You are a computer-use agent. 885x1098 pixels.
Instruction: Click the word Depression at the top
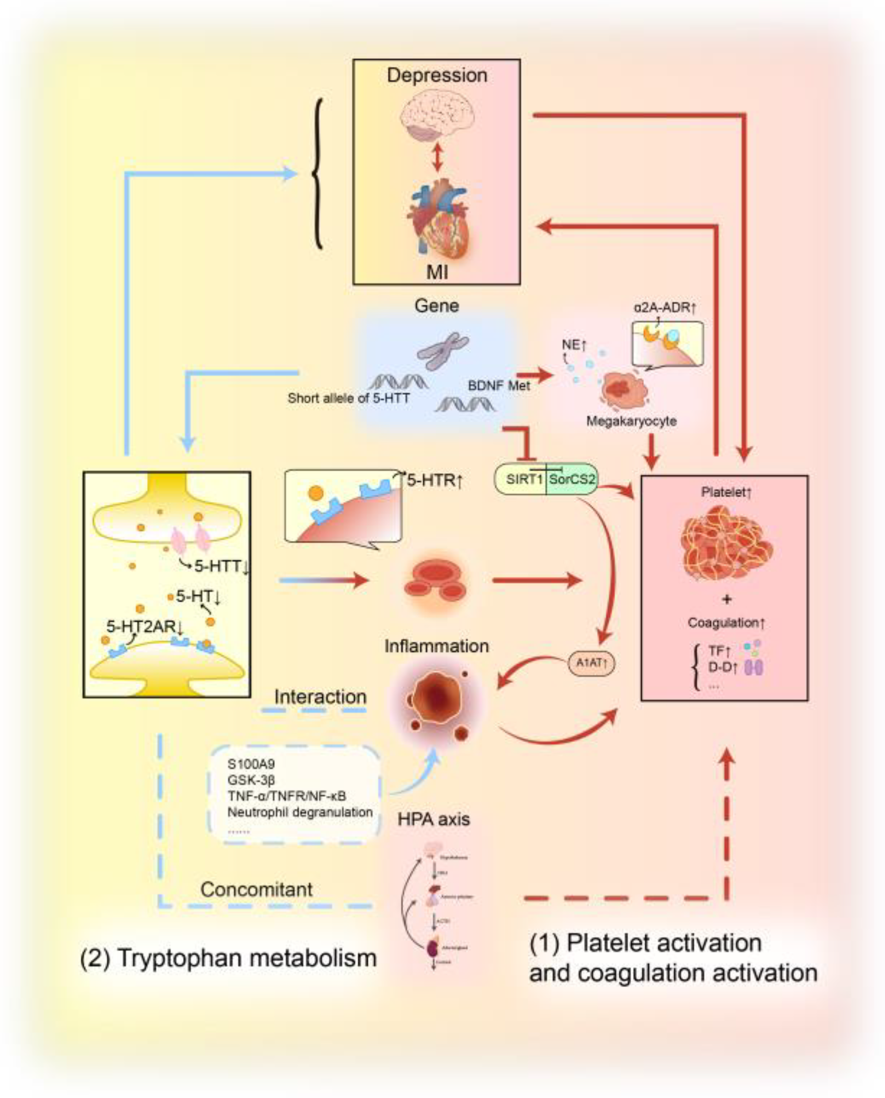[x=437, y=75]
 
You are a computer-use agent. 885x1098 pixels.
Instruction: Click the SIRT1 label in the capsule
[x=524, y=479]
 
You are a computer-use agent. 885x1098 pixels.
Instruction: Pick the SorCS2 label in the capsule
[x=572, y=479]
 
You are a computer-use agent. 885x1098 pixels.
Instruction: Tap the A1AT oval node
[x=591, y=663]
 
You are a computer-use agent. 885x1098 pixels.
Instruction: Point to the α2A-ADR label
[x=665, y=308]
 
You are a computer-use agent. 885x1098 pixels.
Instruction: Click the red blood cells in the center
[x=435, y=581]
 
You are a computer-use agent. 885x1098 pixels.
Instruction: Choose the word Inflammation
[x=436, y=646]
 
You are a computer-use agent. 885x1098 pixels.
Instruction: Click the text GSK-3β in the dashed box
[x=251, y=780]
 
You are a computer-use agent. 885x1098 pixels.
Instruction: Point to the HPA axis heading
[x=433, y=819]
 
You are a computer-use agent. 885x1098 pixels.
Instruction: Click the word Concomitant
[x=256, y=890]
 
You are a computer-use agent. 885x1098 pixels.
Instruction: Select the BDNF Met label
[x=499, y=385]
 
